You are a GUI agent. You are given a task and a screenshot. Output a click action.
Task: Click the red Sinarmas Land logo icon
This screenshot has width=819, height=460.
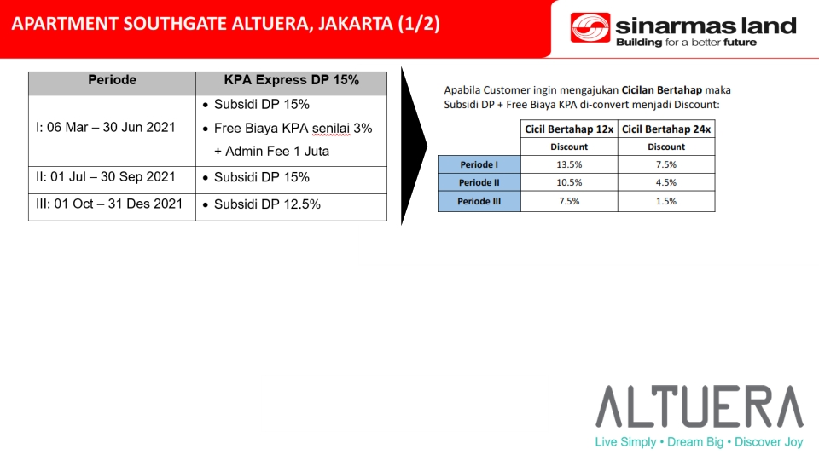590,27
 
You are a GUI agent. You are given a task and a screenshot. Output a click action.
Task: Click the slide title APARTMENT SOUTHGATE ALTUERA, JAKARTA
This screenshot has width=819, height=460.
225,24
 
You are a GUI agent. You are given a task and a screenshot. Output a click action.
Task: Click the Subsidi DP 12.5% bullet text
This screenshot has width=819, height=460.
267,204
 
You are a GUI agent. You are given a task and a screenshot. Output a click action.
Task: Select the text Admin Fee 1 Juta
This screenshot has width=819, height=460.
277,152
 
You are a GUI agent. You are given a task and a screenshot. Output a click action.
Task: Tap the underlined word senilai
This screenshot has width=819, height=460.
331,129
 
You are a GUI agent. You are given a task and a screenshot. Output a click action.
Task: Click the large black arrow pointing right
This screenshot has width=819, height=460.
414,146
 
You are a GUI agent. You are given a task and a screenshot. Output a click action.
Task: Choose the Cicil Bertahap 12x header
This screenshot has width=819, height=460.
569,129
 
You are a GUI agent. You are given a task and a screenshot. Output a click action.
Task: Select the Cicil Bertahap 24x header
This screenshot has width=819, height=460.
666,129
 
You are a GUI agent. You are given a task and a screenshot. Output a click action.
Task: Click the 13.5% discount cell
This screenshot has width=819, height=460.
569,164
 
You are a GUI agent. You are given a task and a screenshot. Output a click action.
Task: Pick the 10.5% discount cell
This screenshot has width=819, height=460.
569,182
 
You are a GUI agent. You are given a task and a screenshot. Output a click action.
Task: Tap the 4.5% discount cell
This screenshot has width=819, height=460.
666,182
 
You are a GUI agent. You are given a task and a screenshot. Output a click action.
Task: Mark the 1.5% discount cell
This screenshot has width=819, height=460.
666,201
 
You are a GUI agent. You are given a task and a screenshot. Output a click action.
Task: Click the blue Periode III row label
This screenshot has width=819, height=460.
479,201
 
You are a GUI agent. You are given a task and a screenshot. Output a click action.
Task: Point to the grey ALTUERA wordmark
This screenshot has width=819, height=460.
700,406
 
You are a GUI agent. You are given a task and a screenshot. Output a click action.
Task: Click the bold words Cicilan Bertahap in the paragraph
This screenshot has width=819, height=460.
662,90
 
